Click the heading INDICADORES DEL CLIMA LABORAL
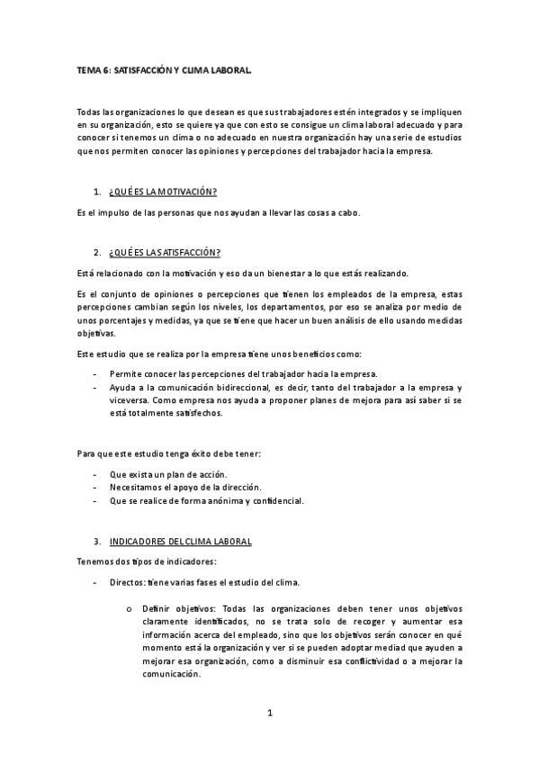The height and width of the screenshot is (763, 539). coord(180,542)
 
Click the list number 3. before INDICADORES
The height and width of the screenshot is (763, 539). coord(97,542)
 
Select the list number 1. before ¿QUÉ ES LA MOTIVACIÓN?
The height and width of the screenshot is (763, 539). coord(97,193)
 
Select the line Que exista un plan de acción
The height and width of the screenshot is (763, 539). coord(167,474)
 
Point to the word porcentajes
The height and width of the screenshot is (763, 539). coord(126,319)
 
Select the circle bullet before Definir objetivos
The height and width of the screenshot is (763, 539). coord(130,611)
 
